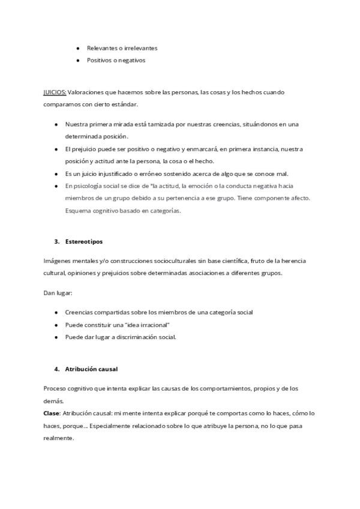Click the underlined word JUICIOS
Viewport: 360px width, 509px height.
55,92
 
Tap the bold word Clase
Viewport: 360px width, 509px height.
52,414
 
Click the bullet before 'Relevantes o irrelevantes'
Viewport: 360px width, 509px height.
79,48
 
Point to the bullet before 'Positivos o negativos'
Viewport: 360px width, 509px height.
79,61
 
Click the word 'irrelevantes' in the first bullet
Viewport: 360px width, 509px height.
139,48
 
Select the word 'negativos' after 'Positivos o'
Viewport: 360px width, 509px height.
131,61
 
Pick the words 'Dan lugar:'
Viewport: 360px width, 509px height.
58,293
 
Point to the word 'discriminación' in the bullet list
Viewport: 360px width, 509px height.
136,337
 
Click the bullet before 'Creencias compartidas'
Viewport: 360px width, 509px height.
56,312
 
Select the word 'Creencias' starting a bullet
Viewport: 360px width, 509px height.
79,312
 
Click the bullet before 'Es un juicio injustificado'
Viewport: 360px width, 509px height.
56,174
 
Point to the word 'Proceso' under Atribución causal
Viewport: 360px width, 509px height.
56,388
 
